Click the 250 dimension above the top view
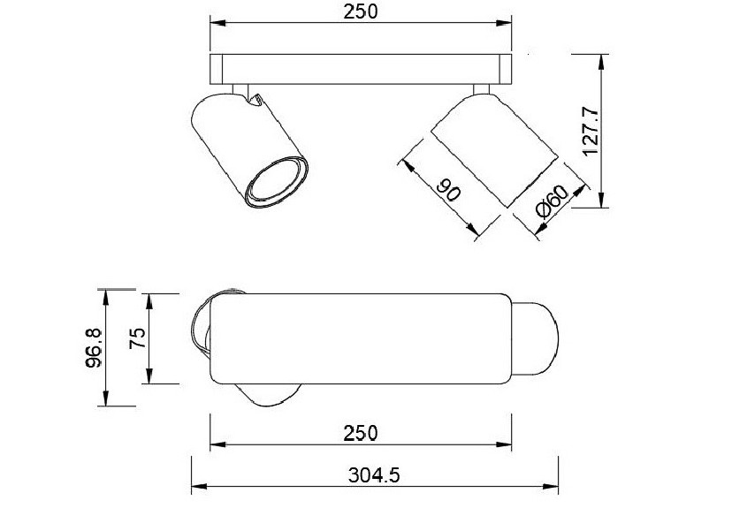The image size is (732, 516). (x=361, y=11)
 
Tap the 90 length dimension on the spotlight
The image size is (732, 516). (x=448, y=188)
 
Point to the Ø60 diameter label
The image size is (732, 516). (x=553, y=201)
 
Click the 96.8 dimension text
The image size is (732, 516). (x=95, y=347)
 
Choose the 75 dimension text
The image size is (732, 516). (x=138, y=338)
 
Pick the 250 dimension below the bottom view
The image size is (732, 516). (x=361, y=434)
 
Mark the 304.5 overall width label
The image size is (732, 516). (x=374, y=475)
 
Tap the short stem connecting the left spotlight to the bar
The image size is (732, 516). (x=240, y=89)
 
